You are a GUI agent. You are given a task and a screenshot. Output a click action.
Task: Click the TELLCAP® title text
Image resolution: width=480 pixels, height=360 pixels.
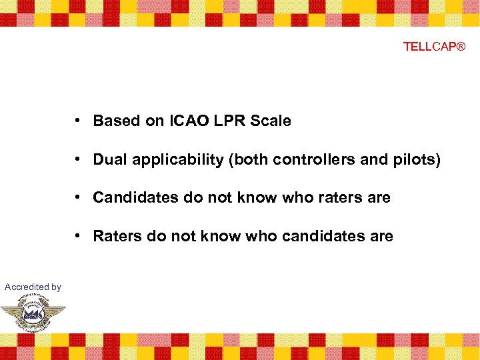(x=434, y=47)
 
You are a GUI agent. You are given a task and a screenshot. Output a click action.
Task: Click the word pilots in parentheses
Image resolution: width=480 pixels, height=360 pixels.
(x=417, y=160)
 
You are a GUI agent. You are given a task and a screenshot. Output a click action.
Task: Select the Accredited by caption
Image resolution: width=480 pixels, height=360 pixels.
(x=33, y=287)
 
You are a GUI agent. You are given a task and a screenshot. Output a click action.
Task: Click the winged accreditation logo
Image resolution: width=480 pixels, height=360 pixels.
(x=33, y=312)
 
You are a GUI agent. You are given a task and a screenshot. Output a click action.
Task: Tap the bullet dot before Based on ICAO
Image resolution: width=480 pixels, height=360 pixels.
(x=78, y=121)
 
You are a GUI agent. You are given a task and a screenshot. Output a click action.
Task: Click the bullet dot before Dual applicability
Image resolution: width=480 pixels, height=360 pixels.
(x=78, y=160)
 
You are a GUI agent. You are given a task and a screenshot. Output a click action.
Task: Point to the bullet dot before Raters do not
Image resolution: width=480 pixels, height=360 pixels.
(x=78, y=237)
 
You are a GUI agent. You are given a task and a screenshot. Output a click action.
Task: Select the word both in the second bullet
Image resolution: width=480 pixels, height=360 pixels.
(x=231, y=160)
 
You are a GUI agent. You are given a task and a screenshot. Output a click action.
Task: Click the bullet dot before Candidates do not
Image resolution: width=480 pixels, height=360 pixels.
(x=78, y=198)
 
